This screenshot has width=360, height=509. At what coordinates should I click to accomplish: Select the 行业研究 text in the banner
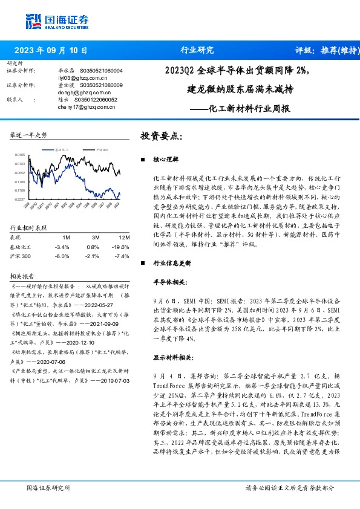(198, 51)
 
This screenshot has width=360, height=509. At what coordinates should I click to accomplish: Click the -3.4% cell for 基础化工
(62, 247)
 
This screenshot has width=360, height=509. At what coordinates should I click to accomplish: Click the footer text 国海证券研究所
(45, 487)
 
